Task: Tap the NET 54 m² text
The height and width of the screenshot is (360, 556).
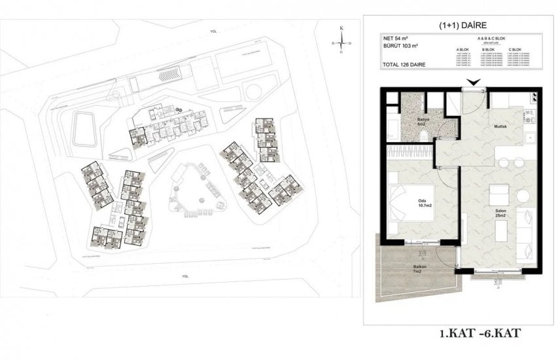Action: [x=396, y=40]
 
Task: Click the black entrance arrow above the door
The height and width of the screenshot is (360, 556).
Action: [x=472, y=82]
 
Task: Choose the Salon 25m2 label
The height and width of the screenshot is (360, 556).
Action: [x=502, y=213]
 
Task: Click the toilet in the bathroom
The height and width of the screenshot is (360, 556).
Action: [x=425, y=135]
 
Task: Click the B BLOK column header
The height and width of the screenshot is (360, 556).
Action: [x=487, y=50]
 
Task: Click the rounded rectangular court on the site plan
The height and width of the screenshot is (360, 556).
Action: [x=84, y=128]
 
